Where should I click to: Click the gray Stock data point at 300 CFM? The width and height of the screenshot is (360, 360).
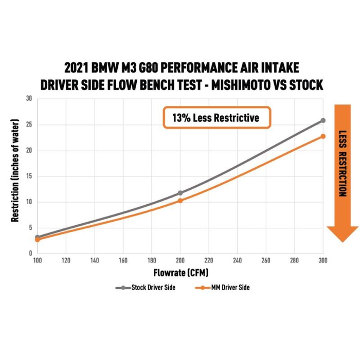323,120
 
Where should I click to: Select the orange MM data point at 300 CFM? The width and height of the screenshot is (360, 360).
323,136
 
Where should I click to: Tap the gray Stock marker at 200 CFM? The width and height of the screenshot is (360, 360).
180,193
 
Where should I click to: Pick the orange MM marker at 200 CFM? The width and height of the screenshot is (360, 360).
180,201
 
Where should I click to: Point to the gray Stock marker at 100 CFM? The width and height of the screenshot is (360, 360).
37,237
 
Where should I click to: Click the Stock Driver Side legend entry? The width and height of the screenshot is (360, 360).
146,287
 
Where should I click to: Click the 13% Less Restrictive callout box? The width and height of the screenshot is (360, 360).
216,118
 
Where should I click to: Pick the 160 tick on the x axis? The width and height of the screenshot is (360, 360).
123,261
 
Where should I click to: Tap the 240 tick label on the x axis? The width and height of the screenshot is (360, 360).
237,261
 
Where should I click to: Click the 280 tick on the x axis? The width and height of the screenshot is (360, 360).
294,261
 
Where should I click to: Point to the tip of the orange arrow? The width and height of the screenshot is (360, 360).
343,241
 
